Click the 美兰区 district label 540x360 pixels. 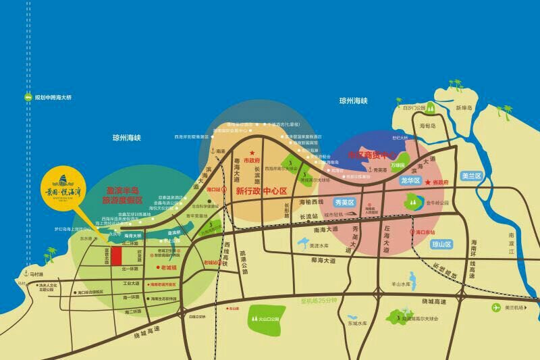[471, 176]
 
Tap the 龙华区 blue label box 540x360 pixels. [410, 181]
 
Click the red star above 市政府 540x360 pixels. [251, 153]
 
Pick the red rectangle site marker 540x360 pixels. [116, 256]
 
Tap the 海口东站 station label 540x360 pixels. [425, 231]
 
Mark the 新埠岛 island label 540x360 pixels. [464, 108]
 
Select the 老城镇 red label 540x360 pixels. [168, 267]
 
